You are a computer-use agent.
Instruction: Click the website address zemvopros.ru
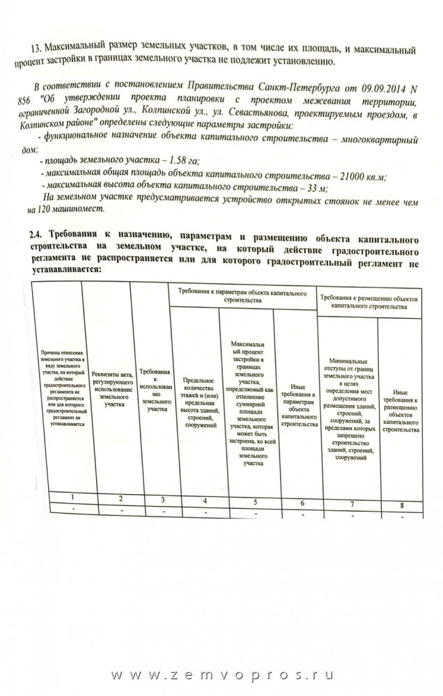pyautogui.click(x=221, y=676)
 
